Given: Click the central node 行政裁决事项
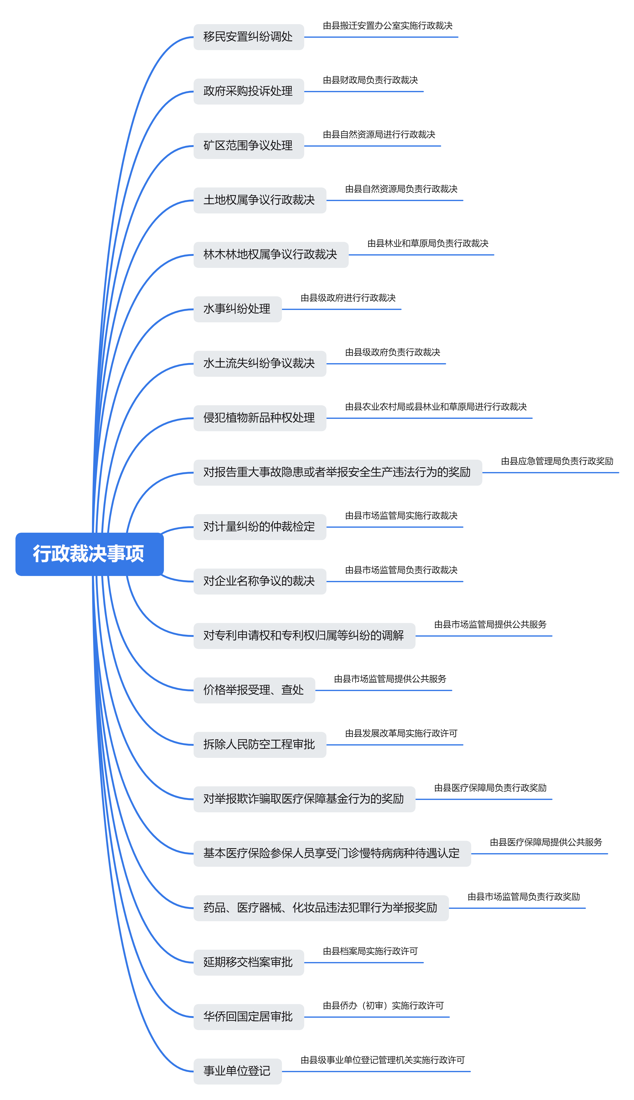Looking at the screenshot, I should click(x=89, y=554).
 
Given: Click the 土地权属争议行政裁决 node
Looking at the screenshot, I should click(x=260, y=200).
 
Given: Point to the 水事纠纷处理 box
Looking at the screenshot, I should click(x=237, y=309).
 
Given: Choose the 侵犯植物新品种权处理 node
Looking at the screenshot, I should click(x=260, y=418).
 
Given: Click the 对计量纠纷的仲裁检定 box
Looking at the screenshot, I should click(x=260, y=527).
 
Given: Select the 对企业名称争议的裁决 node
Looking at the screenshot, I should click(x=260, y=581).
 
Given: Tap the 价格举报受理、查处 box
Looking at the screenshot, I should click(x=254, y=690).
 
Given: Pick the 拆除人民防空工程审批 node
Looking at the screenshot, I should click(x=260, y=745).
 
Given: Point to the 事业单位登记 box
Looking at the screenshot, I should click(x=237, y=1071).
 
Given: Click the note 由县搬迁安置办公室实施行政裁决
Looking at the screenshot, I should click(x=388, y=26).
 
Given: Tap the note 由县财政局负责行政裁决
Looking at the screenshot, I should click(x=370, y=80).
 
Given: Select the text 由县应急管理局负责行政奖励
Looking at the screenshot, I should click(x=557, y=461).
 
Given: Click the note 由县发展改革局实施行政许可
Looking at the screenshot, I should click(x=401, y=733).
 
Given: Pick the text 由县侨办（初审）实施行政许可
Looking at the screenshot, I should click(x=383, y=1006).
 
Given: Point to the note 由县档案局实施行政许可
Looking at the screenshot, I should click(x=370, y=951).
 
